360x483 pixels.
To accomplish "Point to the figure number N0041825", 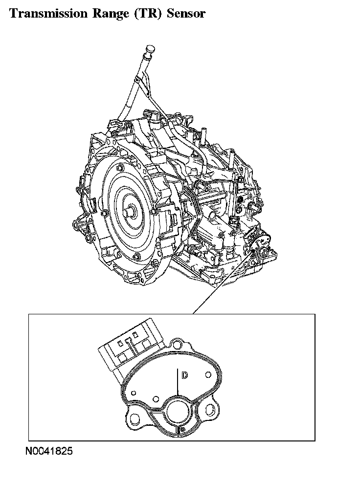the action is point(49,451).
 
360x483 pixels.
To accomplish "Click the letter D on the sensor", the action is point(184,375).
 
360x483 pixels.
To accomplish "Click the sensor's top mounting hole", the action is point(177,344).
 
